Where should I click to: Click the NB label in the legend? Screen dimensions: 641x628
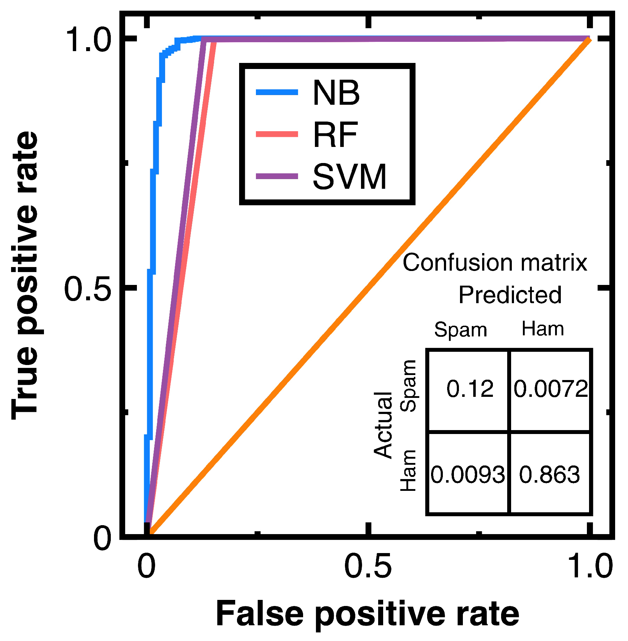pyautogui.click(x=336, y=93)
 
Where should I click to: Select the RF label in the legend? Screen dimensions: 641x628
pyautogui.click(x=335, y=135)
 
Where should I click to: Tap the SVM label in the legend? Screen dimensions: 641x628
pyautogui.click(x=350, y=177)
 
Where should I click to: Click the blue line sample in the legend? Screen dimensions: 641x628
pyautogui.click(x=277, y=93)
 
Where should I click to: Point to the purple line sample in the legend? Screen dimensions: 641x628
pyautogui.click(x=277, y=176)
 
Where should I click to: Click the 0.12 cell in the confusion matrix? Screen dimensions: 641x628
pyautogui.click(x=470, y=389)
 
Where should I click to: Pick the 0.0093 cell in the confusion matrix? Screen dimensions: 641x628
pyautogui.click(x=468, y=475)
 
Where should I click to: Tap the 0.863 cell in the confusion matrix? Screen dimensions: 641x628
pyautogui.click(x=549, y=475)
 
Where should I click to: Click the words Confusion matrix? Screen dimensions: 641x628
pyautogui.click(x=495, y=263)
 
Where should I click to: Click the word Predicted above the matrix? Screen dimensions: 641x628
pyautogui.click(x=510, y=295)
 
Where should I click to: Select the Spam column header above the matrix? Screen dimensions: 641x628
pyautogui.click(x=460, y=330)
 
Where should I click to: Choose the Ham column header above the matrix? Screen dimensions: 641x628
pyautogui.click(x=543, y=328)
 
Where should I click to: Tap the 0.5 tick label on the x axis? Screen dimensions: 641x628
pyautogui.click(x=368, y=567)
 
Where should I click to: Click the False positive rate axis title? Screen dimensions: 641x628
pyautogui.click(x=367, y=614)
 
